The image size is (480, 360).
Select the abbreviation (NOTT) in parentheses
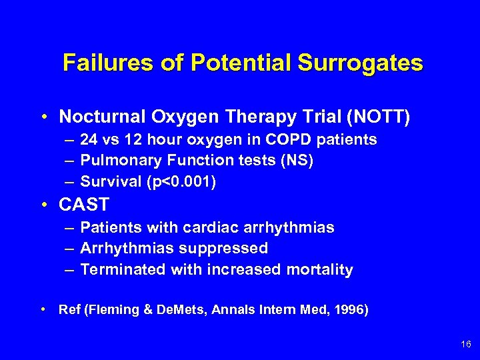(x=379, y=117)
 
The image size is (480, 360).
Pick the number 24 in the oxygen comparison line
(x=87, y=140)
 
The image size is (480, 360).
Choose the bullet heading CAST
(x=83, y=205)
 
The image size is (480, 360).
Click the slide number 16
(x=465, y=344)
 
